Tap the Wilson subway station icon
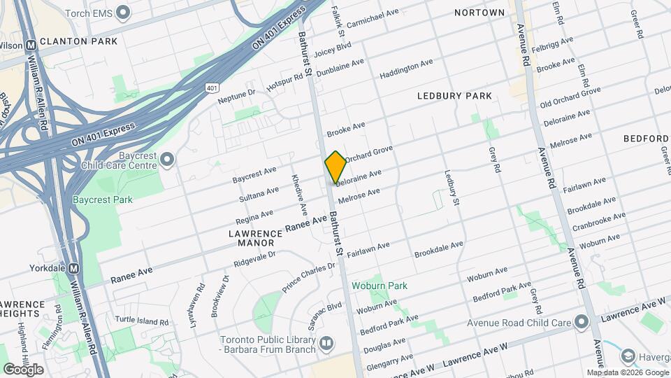tap(31, 45)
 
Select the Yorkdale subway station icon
tap(74, 268)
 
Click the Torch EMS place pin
tap(124, 13)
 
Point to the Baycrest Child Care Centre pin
tap(166, 160)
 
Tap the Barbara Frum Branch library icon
tap(326, 344)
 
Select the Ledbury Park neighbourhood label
tap(454, 96)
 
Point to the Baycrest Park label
tap(102, 199)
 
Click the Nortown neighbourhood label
tap(479, 13)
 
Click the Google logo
tap(23, 369)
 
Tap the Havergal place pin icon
tap(628, 357)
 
